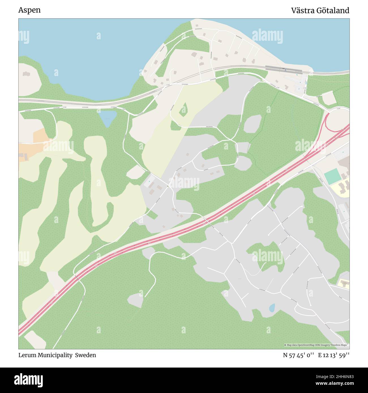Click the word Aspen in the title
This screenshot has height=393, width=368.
[x=29, y=10]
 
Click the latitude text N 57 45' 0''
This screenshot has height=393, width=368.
[x=298, y=355]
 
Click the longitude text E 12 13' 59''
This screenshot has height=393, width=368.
[x=333, y=355]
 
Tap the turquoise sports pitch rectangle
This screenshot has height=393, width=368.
[x=332, y=176]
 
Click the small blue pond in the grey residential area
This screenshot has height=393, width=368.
[x=272, y=308]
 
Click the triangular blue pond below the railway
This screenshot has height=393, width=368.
[x=107, y=117]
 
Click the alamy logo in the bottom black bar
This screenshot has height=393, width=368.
[x=29, y=380]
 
